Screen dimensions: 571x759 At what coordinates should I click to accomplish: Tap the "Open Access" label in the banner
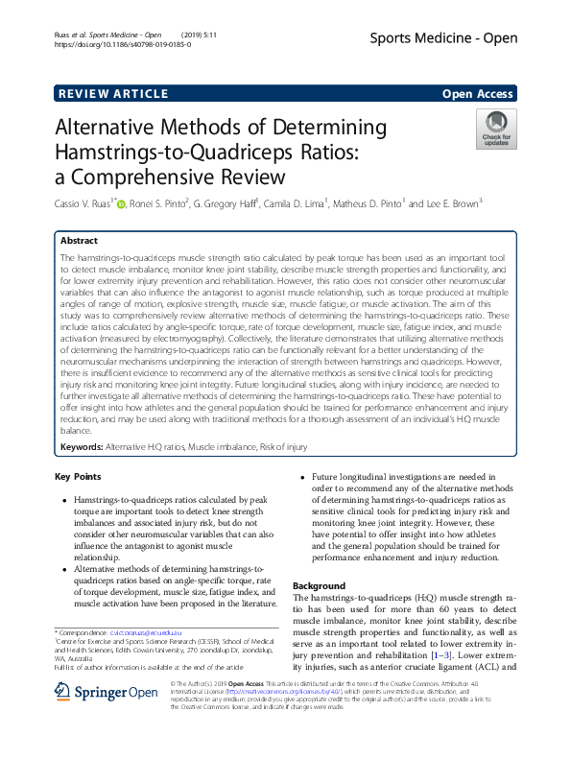pos(480,93)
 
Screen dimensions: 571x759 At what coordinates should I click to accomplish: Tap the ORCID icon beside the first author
pos(122,203)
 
